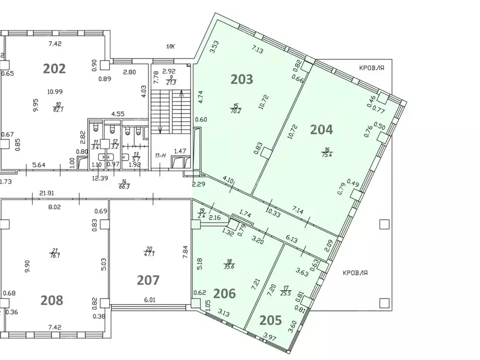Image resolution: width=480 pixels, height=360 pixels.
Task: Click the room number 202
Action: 54,68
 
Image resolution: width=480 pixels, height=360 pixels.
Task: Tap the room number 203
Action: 242,79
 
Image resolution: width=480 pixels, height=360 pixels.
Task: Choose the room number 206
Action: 225,293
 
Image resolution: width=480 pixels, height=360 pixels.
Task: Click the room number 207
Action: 148,280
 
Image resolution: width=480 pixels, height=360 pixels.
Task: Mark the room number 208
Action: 52,300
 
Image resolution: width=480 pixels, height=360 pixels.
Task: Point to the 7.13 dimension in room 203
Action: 258,48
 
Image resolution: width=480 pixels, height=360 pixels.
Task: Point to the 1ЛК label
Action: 170,46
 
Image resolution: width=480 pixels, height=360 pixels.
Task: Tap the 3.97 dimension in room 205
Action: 270,336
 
